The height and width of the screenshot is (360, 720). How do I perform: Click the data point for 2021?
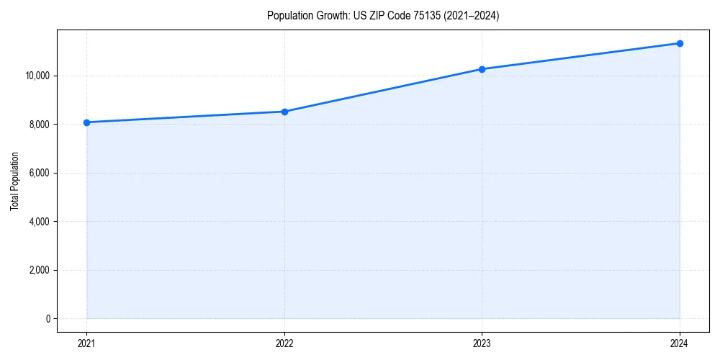pos(87,122)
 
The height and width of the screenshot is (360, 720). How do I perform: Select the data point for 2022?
pos(284,112)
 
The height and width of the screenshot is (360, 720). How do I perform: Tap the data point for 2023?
pos(482,69)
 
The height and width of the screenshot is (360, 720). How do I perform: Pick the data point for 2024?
pos(680,43)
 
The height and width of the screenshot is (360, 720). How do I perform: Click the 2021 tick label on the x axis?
pos(87,343)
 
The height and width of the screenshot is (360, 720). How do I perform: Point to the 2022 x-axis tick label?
pos(284,343)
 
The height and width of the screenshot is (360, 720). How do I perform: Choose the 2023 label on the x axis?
pos(482,343)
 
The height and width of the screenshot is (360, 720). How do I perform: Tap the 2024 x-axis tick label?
pos(680,343)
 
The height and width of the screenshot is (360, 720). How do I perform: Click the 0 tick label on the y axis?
pos(48,319)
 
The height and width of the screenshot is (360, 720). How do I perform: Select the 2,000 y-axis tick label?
pos(39,270)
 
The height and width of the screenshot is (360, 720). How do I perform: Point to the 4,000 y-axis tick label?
pos(39,222)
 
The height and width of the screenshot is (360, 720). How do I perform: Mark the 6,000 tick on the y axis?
pos(39,173)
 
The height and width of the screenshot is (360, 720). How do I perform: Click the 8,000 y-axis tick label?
pos(39,125)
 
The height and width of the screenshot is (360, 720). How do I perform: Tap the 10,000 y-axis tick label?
pos(37,76)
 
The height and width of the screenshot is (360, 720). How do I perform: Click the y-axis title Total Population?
pos(14,181)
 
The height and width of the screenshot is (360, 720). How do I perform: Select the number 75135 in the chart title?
pos(418,16)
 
